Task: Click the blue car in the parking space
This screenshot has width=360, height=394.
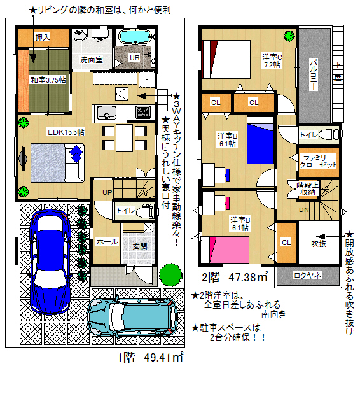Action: (50, 262)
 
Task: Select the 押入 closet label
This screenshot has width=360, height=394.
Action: (43, 37)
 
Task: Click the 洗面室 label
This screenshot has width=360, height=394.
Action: (92, 59)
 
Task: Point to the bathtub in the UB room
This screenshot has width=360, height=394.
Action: (135, 38)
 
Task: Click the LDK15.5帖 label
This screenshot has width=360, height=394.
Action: (66, 132)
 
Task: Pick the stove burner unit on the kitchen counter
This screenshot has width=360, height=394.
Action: (144, 112)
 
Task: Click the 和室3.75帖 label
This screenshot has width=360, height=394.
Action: (48, 80)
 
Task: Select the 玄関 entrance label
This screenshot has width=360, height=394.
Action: (140, 246)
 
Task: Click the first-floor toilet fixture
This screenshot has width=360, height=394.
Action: (145, 211)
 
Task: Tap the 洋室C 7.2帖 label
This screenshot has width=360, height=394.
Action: (272, 61)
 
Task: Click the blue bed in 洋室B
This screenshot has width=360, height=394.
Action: (260, 140)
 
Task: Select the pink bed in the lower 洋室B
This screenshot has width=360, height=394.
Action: (229, 250)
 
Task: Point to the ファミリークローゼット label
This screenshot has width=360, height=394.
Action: (318, 161)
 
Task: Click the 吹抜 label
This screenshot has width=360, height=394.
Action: (319, 243)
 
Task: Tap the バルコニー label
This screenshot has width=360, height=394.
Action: (314, 74)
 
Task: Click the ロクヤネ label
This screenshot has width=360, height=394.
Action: (308, 276)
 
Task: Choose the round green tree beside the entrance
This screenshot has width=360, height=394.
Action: (170, 274)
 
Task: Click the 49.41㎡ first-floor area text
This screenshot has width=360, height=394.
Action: (163, 357)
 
